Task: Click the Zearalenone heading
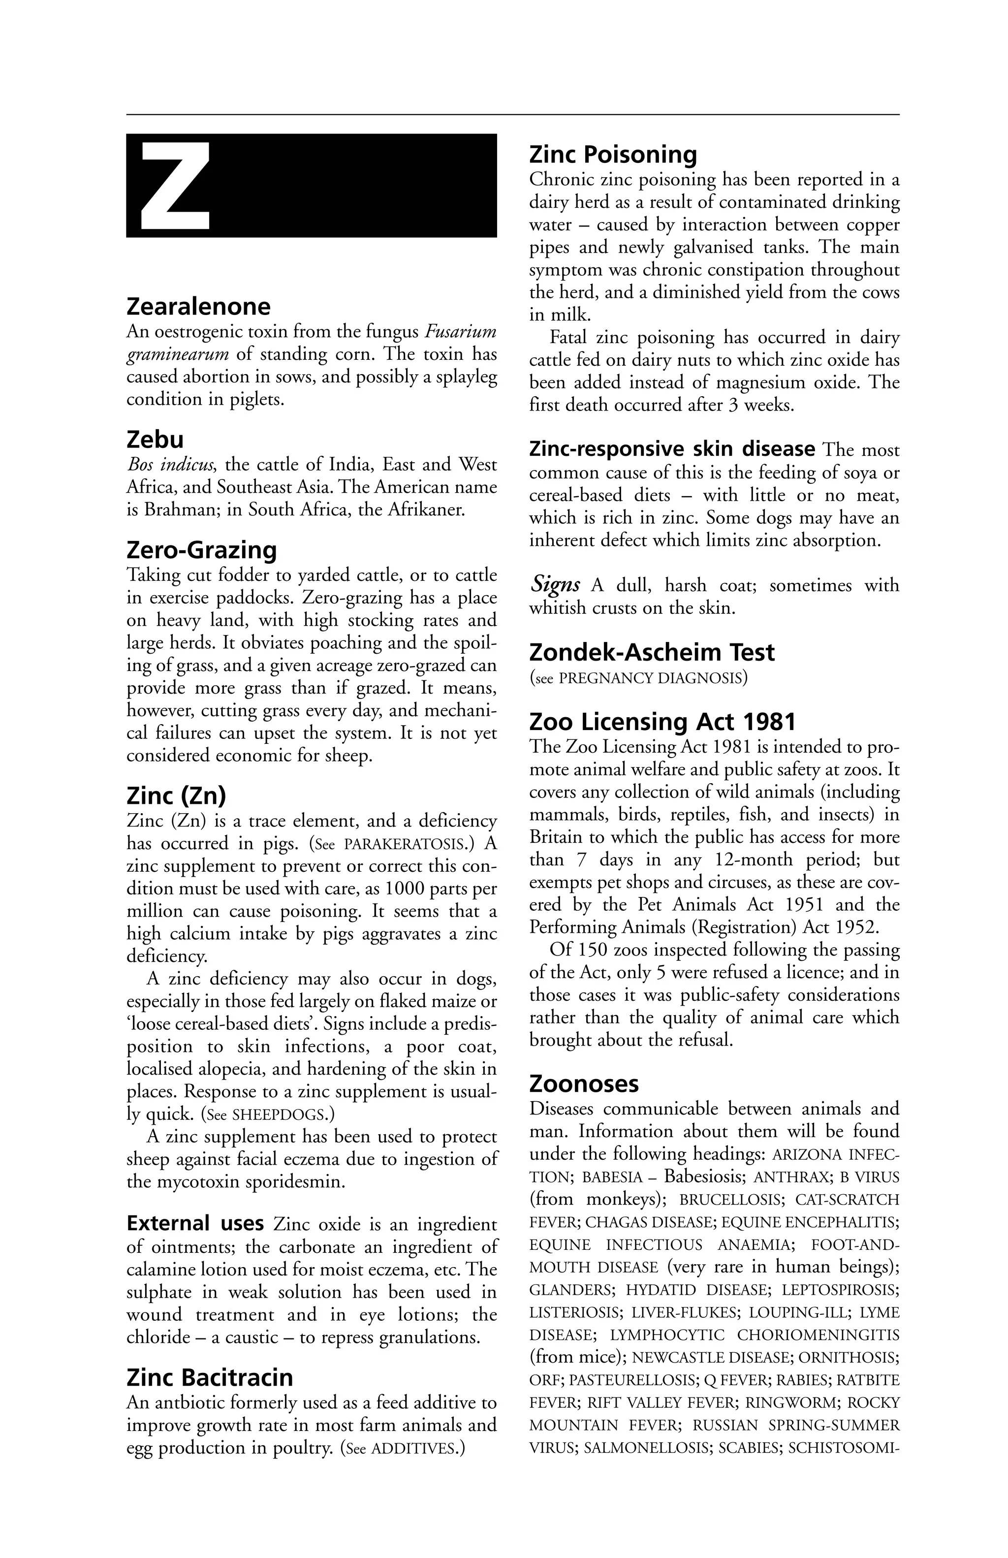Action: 198,306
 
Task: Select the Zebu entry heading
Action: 155,439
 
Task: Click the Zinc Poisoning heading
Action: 613,155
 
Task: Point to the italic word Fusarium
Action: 461,332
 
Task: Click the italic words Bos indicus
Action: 170,465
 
